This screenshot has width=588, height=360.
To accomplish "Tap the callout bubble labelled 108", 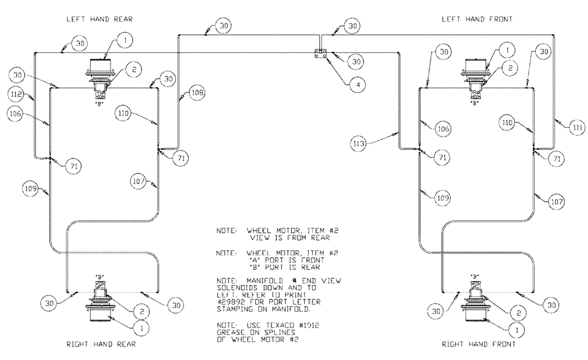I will click(197, 92).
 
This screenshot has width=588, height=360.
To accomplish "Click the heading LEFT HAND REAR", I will click(101, 19).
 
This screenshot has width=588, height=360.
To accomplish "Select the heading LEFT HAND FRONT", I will click(477, 19).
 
